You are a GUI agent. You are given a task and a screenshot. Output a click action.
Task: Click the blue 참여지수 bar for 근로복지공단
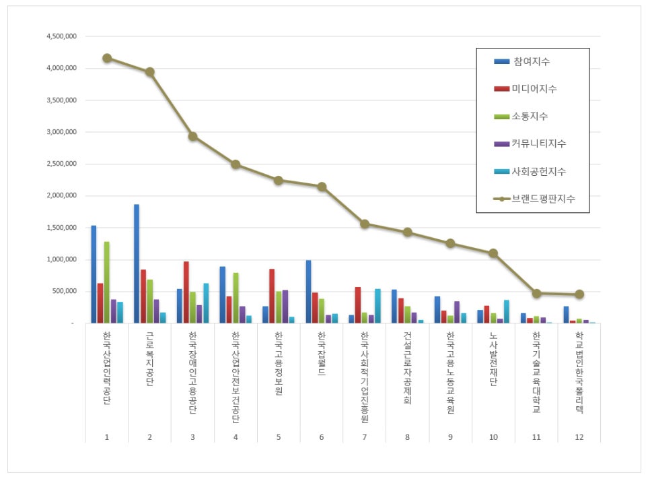coord(137,263)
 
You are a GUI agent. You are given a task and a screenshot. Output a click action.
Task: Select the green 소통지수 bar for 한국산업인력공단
coord(107,282)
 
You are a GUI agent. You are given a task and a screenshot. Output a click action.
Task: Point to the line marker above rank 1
coord(107,58)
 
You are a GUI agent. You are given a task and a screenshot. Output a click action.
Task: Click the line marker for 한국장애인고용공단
coord(192,136)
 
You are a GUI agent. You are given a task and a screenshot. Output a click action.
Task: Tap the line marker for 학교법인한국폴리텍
coord(579,294)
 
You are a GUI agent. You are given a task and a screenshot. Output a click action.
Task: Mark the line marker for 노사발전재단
coord(493,253)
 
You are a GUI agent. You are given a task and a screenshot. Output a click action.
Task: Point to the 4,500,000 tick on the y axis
coord(60,36)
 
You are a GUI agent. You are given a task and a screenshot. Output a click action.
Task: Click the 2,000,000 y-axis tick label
coord(60,196)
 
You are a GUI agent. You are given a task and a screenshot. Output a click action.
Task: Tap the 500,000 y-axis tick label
coord(64,292)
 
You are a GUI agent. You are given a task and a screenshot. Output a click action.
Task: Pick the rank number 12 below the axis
coord(579,437)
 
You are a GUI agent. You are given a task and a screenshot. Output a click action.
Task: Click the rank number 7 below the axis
coord(365,437)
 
